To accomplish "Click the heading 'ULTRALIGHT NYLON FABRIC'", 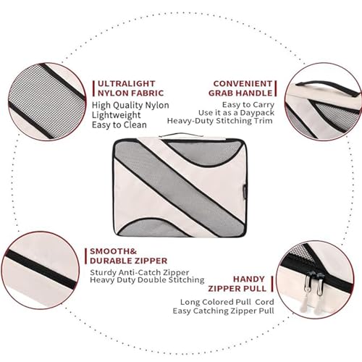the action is tap(130, 88).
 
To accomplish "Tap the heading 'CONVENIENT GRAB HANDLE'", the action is tap(240, 88).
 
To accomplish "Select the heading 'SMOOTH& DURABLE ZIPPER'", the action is tap(129, 256).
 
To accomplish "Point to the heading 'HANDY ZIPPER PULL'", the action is tap(237, 284).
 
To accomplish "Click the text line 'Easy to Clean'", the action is tap(119, 125).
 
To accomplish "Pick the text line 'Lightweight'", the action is tap(116, 115).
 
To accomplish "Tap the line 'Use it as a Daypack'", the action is tap(237, 113).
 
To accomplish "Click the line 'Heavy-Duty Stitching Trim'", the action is tap(220, 121).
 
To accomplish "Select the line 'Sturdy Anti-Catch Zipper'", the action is tap(140, 272).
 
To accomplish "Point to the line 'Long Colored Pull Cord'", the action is tap(227, 302).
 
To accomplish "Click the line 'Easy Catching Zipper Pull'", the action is tap(223, 311).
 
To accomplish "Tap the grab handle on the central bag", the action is tap(180, 135).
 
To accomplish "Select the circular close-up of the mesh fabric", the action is tap(47, 101).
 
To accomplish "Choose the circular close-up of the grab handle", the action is tap(324, 101).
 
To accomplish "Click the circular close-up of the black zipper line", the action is tap(41, 270).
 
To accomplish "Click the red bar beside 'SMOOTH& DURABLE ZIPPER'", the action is tap(86, 256).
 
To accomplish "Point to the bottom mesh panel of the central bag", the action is tap(154, 228).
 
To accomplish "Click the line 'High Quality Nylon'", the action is tap(130, 106).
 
